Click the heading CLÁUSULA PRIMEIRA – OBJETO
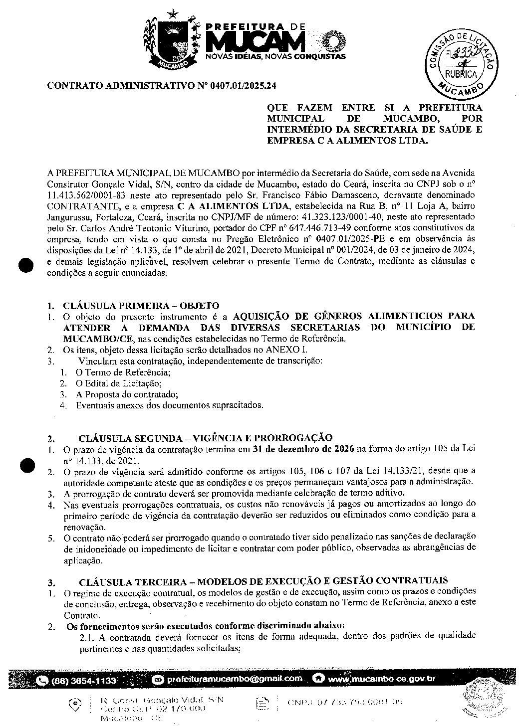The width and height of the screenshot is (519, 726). click(x=141, y=305)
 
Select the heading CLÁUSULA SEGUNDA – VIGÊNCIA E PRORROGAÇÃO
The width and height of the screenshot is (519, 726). click(x=205, y=438)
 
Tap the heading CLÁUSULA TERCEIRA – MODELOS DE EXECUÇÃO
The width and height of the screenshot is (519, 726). click(x=263, y=581)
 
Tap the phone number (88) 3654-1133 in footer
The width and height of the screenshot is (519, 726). click(x=84, y=681)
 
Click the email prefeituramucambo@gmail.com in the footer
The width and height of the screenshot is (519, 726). click(x=235, y=679)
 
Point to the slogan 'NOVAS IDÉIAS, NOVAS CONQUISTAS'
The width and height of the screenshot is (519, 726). click(x=275, y=56)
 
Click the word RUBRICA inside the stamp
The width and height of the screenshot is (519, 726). click(x=461, y=74)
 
